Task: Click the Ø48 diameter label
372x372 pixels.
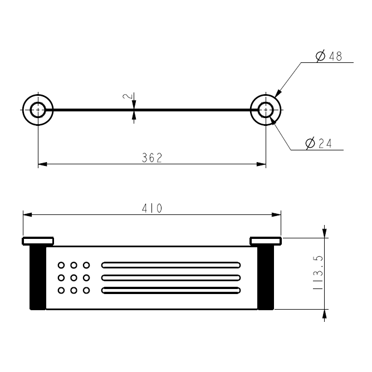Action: tap(329, 56)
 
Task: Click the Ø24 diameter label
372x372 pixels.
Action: tap(319, 144)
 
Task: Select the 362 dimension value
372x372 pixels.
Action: tap(151, 158)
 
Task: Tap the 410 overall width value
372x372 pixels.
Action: tap(151, 209)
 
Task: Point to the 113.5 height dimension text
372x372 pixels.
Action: tap(319, 273)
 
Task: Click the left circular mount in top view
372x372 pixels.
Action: tap(38, 110)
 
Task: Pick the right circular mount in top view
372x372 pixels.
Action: tap(266, 110)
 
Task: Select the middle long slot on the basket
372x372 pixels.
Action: tap(171, 277)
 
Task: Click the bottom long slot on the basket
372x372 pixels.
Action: tap(171, 290)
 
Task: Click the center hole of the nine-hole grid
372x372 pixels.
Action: tap(74, 277)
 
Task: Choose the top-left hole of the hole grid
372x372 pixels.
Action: tap(61, 265)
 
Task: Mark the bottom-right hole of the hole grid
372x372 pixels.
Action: tap(86, 290)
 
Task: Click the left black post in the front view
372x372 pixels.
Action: tap(37, 277)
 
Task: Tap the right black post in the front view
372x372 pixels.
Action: tap(266, 277)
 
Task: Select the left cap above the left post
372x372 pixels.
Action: tap(37, 241)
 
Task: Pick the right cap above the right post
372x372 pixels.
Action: tap(266, 241)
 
